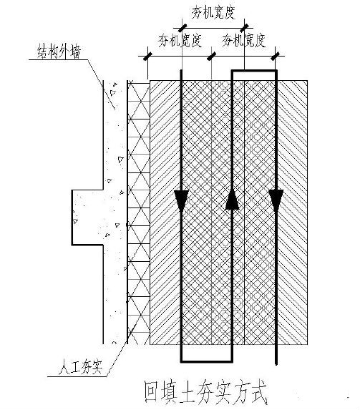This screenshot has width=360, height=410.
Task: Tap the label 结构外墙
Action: (59, 52)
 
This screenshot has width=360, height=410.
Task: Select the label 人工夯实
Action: (80, 367)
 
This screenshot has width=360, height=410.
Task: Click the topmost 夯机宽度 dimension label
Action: (213, 13)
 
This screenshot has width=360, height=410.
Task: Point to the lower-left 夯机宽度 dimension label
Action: (180, 41)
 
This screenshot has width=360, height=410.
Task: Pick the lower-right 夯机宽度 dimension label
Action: (244, 41)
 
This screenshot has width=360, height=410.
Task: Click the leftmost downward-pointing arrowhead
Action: (181, 201)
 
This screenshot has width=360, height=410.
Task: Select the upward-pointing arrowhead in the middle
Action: (232, 200)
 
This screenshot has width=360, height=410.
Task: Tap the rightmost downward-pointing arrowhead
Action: (276, 200)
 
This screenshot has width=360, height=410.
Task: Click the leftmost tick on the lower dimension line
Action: (148, 56)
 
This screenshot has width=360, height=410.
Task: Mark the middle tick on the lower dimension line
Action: (211, 56)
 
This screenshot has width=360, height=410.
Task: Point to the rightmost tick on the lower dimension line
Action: (276, 56)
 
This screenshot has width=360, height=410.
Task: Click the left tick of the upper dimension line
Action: (182, 27)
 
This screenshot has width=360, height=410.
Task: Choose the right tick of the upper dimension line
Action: (245, 27)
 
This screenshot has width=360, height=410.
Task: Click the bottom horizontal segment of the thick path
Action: (206, 361)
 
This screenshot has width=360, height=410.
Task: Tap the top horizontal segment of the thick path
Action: (254, 71)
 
